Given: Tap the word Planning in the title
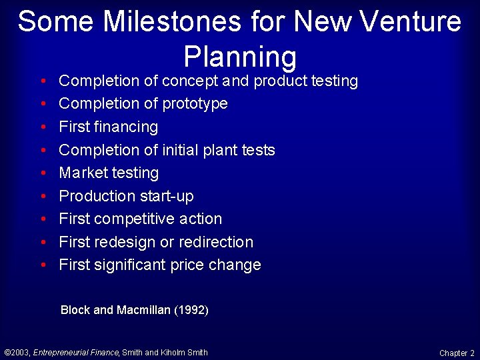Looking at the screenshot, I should click(x=239, y=56).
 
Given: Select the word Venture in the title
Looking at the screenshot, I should click(x=410, y=21).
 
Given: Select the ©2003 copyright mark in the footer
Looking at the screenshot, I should click(x=17, y=353).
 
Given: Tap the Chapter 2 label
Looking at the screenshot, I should click(x=457, y=353).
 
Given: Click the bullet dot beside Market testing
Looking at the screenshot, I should click(x=43, y=173).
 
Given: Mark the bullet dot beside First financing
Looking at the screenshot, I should click(x=43, y=127).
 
